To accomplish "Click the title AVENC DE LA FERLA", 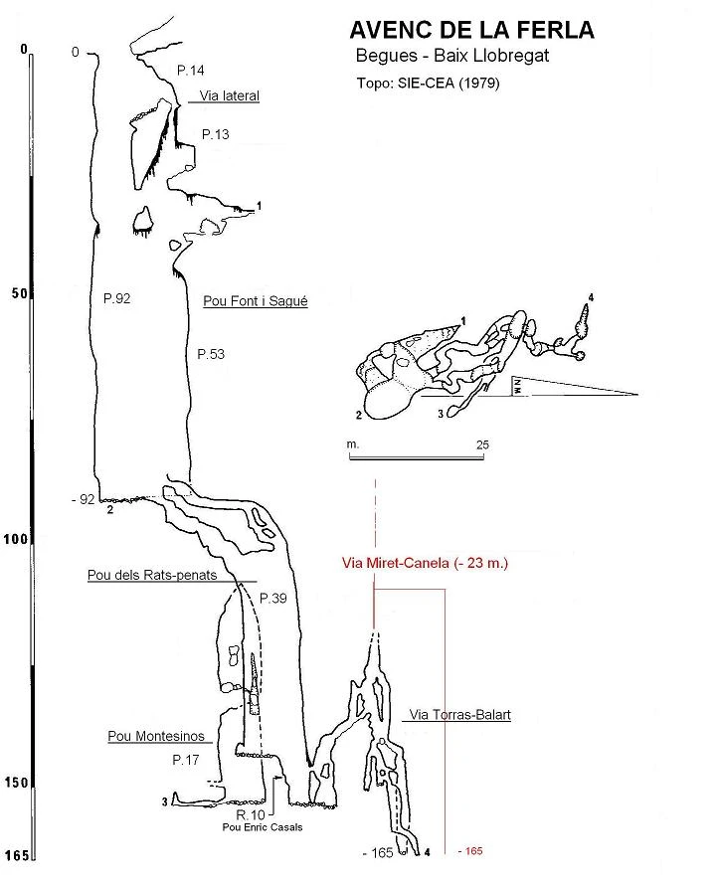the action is point(472,30).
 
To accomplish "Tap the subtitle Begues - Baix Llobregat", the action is point(452,56).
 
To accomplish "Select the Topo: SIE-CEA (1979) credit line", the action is point(428,84).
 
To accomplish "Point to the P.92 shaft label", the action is point(117,298).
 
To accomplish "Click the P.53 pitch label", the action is point(211,354).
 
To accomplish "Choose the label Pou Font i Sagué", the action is point(256,301).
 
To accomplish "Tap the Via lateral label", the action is point(229,95).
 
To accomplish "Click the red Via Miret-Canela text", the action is point(425,563).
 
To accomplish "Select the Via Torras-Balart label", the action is point(460,714).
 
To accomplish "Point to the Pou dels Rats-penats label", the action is point(152,575).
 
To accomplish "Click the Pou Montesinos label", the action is point(156,736).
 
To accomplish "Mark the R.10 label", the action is point(251,814).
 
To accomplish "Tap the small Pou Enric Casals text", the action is point(263,827).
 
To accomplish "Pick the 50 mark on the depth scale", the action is point(19,293).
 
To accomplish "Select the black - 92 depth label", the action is point(83,499).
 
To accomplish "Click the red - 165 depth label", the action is point(470,851).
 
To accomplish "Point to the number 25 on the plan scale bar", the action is point(482,444).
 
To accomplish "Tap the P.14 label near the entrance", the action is point(191,71).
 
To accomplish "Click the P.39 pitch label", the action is point(273,598).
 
